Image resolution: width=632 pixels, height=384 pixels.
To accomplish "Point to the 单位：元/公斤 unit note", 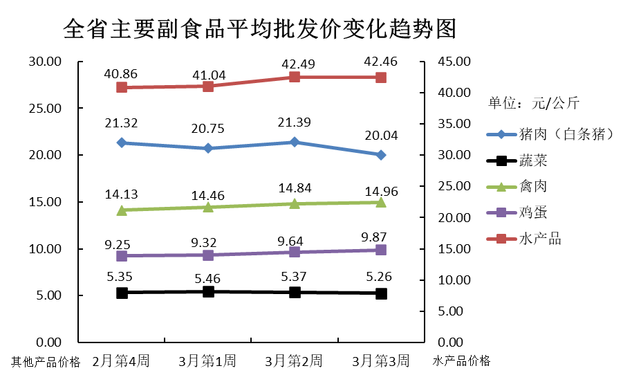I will [534, 104].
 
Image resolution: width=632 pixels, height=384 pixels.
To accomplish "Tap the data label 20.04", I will [382, 136].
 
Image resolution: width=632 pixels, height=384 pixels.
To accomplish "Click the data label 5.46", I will [209, 278].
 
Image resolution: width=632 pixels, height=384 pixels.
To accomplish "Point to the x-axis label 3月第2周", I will [295, 360].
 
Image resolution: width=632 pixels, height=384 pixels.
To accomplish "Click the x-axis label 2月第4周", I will [121, 360].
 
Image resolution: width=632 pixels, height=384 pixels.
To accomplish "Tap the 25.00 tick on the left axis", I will [44, 109].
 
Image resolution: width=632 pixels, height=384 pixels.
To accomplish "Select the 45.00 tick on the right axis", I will [453, 62].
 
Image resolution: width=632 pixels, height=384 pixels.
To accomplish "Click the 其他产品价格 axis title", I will [46, 361].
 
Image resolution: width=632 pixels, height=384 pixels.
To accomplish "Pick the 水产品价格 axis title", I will [461, 360].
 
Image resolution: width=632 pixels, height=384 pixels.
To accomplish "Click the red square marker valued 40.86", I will [122, 87].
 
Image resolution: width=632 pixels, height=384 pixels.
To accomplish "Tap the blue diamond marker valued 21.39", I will [295, 142].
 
